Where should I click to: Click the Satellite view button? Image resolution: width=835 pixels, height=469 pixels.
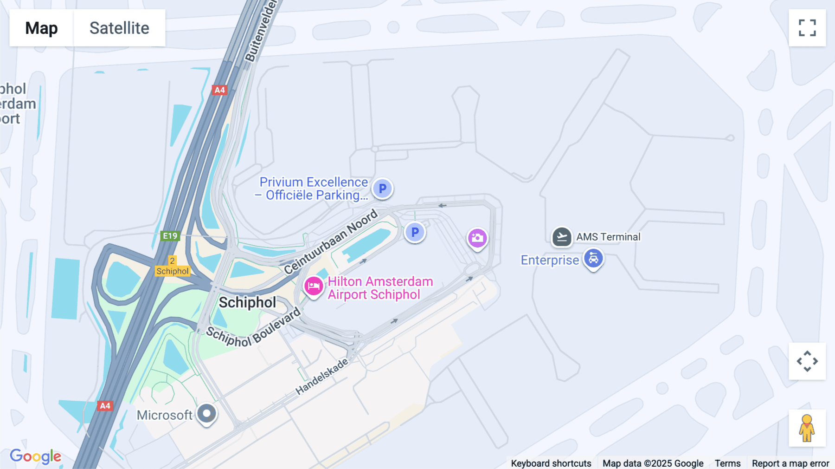click(119, 28)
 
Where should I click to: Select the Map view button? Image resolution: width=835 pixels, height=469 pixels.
click(41, 28)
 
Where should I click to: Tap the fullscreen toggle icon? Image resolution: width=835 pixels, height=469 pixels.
click(807, 28)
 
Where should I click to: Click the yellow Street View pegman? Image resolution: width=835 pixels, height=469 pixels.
click(807, 428)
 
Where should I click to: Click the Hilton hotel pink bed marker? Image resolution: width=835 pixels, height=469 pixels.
click(314, 286)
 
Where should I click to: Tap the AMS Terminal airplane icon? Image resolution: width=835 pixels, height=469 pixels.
click(561, 237)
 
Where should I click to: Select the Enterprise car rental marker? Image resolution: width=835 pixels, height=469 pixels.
click(593, 258)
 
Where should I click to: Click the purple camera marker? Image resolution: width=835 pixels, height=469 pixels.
click(477, 238)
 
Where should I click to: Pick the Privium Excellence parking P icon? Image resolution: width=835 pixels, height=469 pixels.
click(382, 189)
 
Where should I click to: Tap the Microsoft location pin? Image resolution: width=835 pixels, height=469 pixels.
click(207, 413)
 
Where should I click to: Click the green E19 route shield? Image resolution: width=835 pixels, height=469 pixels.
click(170, 236)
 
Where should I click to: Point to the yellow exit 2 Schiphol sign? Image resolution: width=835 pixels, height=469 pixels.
click(172, 267)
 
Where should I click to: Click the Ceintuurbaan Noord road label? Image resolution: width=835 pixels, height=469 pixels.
click(331, 241)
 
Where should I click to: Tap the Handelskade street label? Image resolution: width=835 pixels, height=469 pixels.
click(321, 377)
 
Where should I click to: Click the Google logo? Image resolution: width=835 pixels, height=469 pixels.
click(35, 456)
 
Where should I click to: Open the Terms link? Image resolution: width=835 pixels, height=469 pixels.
click(727, 463)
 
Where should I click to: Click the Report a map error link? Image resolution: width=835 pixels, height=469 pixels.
click(790, 463)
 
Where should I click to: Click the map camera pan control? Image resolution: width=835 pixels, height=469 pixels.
click(807, 361)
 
